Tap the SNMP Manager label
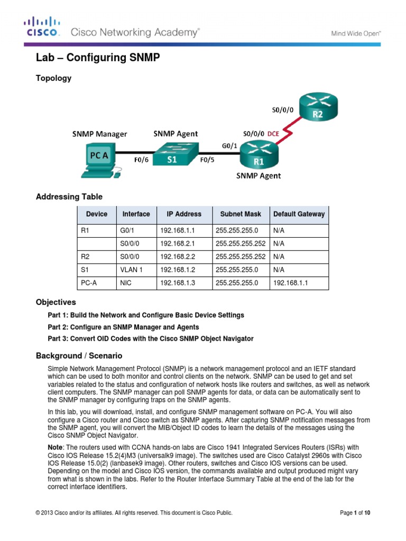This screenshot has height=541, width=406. click(x=99, y=134)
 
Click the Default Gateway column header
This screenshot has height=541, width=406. click(x=299, y=214)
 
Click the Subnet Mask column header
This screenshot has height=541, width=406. click(x=241, y=214)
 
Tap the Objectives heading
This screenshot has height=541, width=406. click(x=56, y=302)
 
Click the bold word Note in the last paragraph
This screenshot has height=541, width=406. click(x=56, y=447)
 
